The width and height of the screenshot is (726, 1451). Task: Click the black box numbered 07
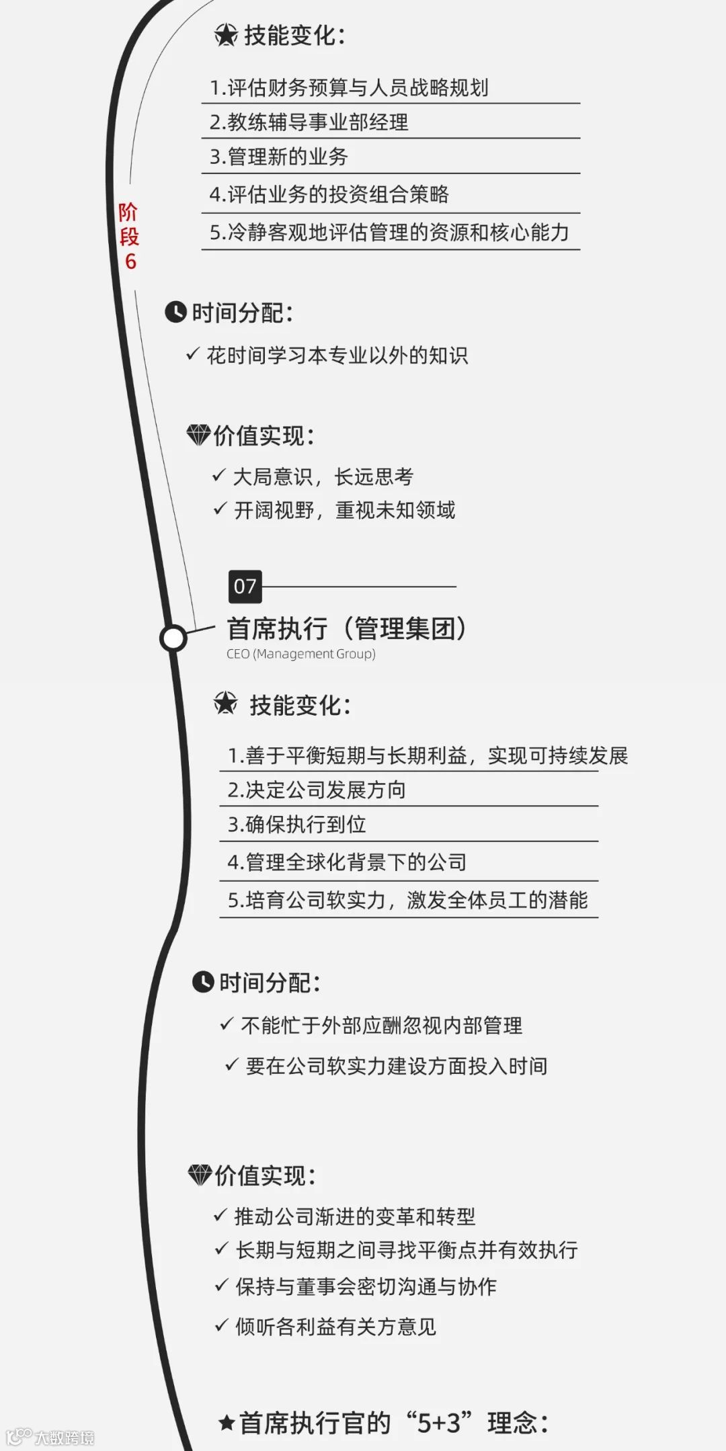coord(245,587)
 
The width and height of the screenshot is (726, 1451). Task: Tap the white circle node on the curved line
coord(173,638)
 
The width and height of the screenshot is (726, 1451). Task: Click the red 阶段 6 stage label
coord(129,237)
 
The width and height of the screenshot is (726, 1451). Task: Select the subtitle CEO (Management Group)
coord(301,654)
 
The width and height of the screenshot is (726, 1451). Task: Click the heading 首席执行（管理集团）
coord(347,628)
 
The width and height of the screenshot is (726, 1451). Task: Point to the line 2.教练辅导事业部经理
coord(309,122)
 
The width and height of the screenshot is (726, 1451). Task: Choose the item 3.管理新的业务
coord(279,157)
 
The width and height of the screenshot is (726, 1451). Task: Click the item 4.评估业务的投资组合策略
coord(329,195)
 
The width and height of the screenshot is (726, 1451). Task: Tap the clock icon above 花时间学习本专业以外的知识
coord(175,313)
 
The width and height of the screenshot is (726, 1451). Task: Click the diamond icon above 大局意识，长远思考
coord(198,435)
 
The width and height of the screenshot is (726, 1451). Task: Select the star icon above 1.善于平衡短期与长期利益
coord(226,704)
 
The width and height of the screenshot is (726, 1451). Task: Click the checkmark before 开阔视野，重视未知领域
coord(220,509)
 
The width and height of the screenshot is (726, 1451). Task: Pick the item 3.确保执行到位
coord(297,825)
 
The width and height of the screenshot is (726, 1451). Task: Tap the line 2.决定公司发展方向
coord(317,790)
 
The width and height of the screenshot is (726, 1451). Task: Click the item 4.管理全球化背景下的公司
coord(347,862)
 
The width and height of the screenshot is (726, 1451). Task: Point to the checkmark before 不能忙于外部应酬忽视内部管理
coord(227,1024)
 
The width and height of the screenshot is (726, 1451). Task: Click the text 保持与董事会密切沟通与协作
coord(366,1286)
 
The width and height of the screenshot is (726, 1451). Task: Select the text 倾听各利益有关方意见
coord(335,1327)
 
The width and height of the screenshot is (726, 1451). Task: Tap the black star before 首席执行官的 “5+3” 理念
coord(227,1423)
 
